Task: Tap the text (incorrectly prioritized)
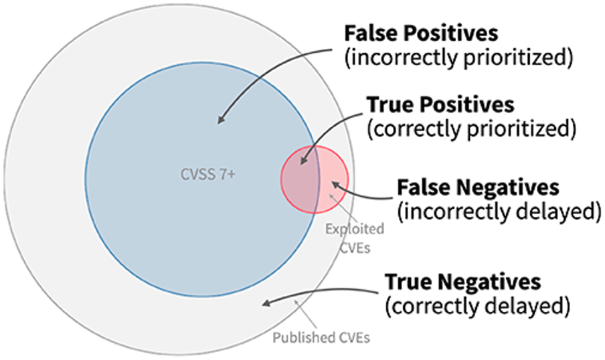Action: tap(458, 58)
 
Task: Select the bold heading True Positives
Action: tap(440, 105)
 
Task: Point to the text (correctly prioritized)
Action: tap(470, 128)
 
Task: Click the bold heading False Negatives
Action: tap(478, 187)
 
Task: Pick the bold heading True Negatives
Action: tap(462, 282)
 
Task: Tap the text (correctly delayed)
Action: tap(477, 306)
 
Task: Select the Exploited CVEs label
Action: tap(355, 236)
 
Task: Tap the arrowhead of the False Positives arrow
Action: tap(220, 120)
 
